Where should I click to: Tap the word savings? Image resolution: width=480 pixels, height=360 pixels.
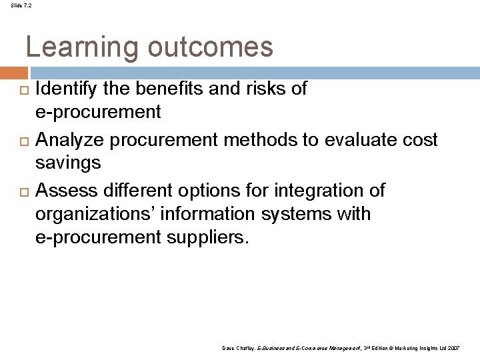(x=68, y=162)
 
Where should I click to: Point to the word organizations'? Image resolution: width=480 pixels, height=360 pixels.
(x=95, y=215)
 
